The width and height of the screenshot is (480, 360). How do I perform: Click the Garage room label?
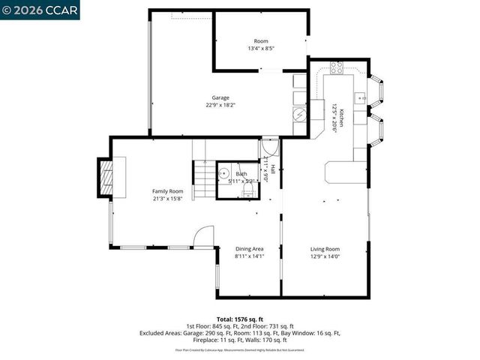click(x=220, y=97)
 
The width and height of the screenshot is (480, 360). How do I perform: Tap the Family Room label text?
click(x=167, y=191)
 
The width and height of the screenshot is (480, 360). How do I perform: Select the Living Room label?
click(x=325, y=249)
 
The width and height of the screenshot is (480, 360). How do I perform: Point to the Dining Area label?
click(x=249, y=249)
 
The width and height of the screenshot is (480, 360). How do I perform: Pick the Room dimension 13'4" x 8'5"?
click(x=261, y=49)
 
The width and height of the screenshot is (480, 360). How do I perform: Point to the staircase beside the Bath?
click(x=203, y=180)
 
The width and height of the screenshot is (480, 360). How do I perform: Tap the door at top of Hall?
click(x=270, y=148)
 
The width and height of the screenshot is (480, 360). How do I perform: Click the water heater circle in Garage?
click(x=299, y=114)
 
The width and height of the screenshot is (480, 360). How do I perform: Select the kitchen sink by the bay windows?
click(x=361, y=97)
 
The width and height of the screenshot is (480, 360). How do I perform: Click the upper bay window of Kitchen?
click(x=379, y=90)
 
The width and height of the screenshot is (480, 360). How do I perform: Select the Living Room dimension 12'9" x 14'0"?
click(x=325, y=256)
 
